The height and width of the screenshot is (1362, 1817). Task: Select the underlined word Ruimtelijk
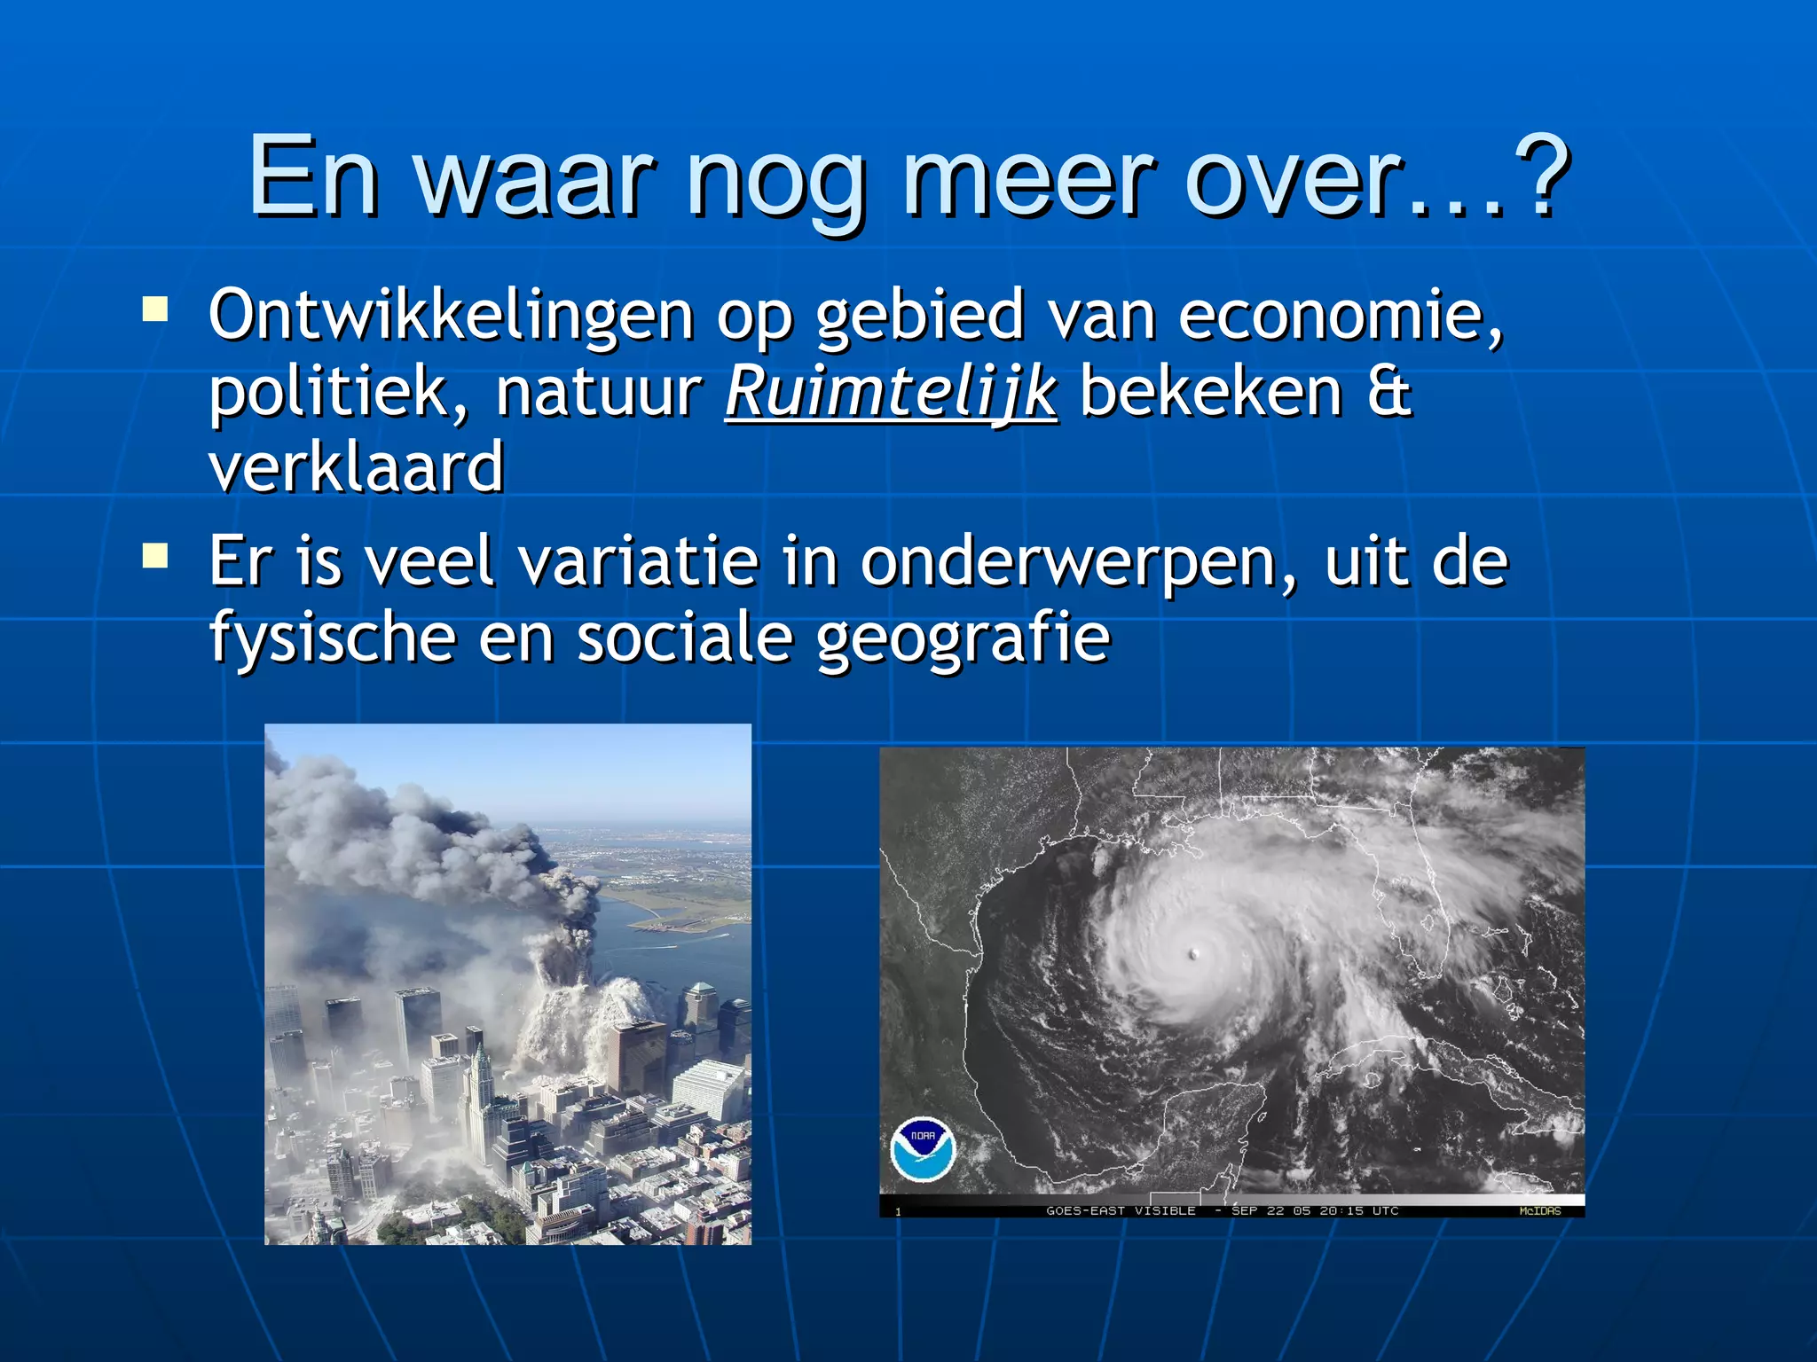click(892, 392)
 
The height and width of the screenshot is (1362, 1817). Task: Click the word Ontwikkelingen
click(451, 316)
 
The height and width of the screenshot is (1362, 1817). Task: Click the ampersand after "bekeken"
click(1389, 392)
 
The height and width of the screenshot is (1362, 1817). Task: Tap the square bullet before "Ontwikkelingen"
click(155, 309)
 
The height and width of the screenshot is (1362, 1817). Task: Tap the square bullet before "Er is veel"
click(155, 556)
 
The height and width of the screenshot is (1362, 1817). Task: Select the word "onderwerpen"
click(1076, 563)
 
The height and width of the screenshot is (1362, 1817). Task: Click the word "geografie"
click(963, 638)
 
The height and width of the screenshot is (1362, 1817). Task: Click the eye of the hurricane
click(1194, 954)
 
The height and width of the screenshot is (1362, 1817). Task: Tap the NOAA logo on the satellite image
click(923, 1148)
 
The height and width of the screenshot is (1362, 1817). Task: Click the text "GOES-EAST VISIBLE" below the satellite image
click(1121, 1210)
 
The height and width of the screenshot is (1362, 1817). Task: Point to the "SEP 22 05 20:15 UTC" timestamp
click(1315, 1210)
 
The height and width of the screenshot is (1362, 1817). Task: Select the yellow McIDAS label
click(1539, 1210)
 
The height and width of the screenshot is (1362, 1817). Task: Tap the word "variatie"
click(639, 563)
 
